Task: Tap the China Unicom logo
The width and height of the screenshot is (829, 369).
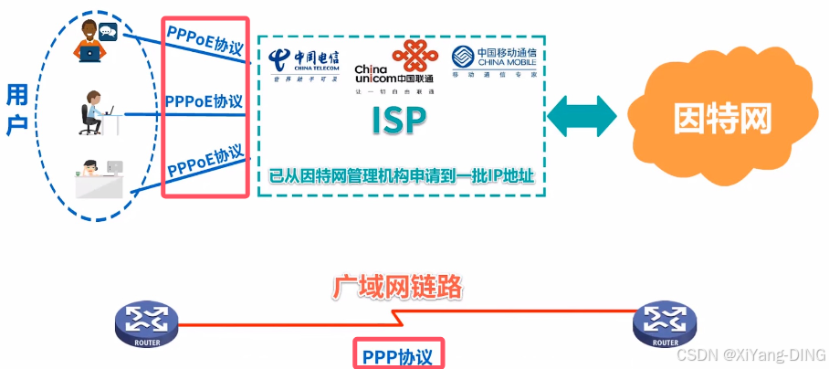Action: (394, 66)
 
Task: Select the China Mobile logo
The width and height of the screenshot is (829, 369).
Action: (494, 65)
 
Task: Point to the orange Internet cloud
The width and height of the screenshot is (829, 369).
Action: (722, 117)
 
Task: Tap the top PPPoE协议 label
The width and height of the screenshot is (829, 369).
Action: (205, 38)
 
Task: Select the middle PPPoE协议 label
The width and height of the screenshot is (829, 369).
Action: (205, 101)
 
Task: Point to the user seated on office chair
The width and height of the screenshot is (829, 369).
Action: (95, 113)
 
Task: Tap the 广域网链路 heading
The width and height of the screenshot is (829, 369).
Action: (397, 289)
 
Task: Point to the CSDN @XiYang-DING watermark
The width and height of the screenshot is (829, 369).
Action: (750, 353)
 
